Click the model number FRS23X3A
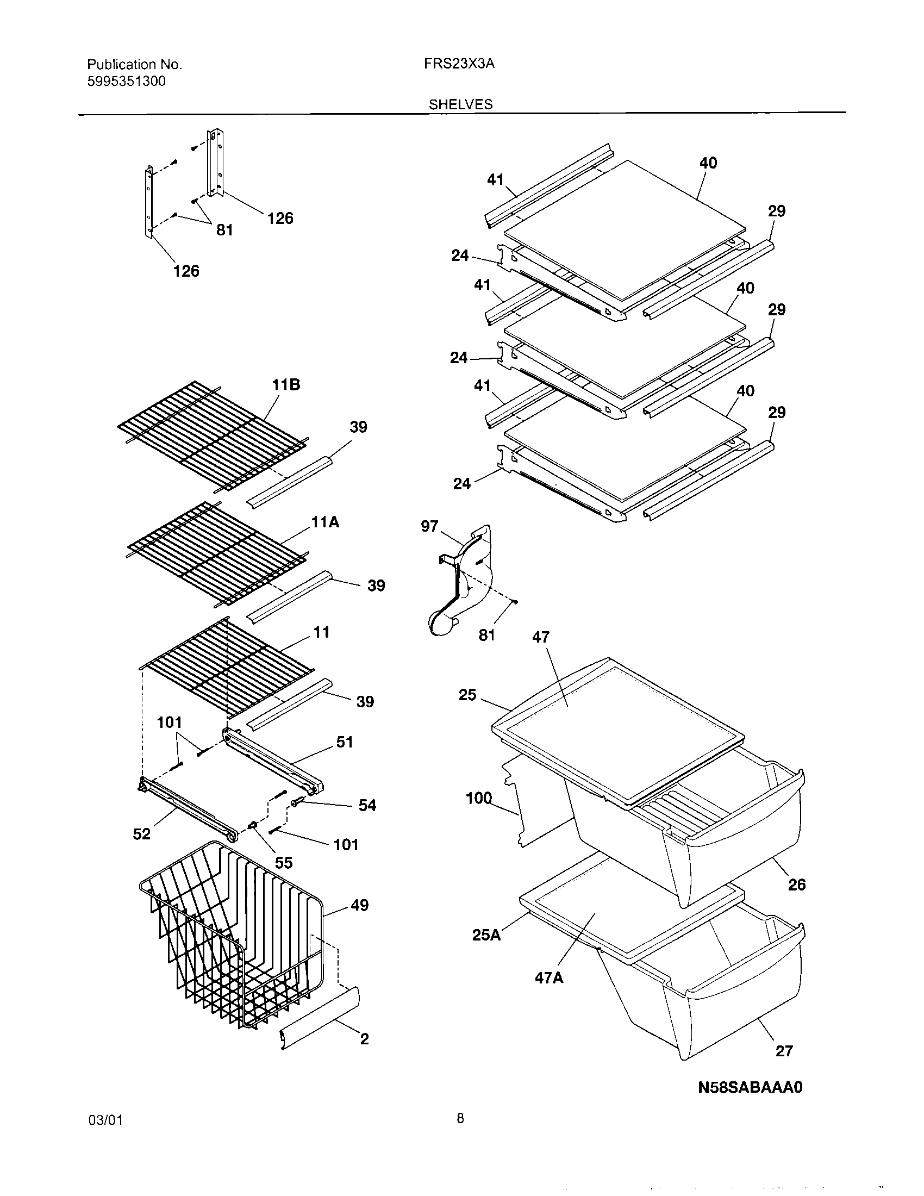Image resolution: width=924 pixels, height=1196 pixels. click(x=459, y=64)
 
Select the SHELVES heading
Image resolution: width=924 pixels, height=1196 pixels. click(x=460, y=104)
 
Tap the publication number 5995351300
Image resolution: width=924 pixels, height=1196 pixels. click(x=126, y=82)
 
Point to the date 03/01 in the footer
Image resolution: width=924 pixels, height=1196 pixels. click(x=105, y=1136)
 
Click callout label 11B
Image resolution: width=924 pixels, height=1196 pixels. click(x=286, y=385)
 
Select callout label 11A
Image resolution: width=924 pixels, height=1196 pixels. click(x=325, y=522)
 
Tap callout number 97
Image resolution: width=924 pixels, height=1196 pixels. click(x=429, y=526)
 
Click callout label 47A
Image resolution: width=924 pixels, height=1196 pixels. click(x=549, y=977)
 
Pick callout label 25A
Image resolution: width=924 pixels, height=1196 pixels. click(x=486, y=936)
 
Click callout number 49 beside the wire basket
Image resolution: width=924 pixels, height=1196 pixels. click(x=359, y=905)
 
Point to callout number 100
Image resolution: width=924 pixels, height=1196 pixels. click(x=479, y=799)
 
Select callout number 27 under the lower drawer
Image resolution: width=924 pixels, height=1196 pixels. click(x=784, y=1051)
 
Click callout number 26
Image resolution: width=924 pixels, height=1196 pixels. click(x=796, y=884)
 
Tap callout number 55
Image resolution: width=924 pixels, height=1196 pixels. click(x=284, y=863)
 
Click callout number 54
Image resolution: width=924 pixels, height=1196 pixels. click(x=367, y=805)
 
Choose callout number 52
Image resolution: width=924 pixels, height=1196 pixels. click(x=141, y=834)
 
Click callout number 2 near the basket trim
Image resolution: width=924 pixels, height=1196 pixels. click(x=364, y=1039)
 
